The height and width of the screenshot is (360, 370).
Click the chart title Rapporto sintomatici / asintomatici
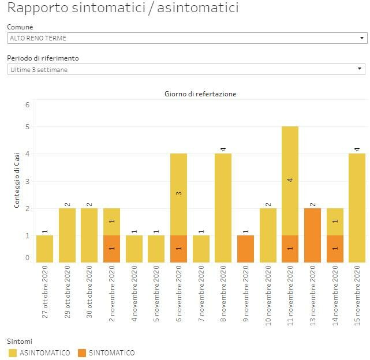122,9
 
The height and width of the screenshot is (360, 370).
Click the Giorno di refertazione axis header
200,94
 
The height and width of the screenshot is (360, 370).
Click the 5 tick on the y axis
27,127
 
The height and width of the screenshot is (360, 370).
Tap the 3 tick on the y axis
27,182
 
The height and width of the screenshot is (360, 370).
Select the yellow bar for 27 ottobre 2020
45,249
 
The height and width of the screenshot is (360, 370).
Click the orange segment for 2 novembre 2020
112,249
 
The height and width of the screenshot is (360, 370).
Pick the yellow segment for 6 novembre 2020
179,194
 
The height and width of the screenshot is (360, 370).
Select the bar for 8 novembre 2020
223,208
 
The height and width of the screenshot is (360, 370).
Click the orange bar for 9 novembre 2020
245,249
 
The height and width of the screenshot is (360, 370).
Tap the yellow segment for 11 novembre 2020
290,181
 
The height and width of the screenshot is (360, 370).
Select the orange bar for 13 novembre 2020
312,235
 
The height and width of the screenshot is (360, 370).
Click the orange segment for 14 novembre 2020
335,249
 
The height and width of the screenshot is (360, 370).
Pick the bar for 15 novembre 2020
357,208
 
